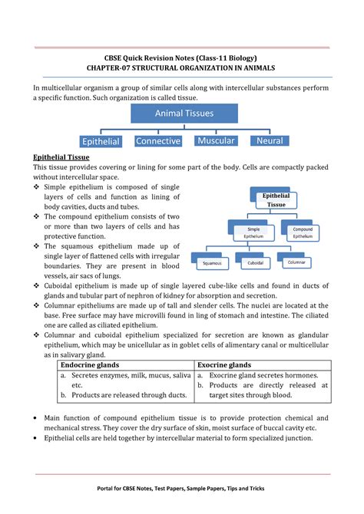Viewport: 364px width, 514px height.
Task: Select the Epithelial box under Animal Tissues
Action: pos(101,141)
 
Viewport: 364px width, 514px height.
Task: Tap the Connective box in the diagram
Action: pos(157,141)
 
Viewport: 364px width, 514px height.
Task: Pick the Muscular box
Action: pos(215,141)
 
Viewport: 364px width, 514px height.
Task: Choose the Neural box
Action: pos(270,141)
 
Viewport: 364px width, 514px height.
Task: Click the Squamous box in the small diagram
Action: pos(211,263)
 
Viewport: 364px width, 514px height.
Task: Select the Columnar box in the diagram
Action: pos(296,262)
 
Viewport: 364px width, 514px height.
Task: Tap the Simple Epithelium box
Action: pos(253,232)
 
